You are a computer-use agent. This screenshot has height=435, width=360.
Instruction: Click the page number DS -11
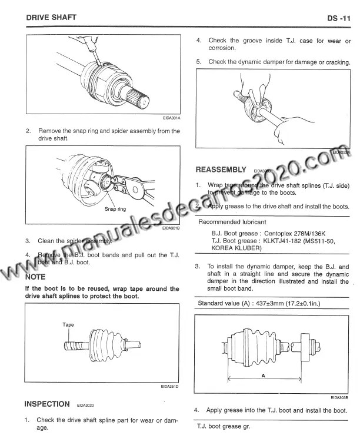[x=339, y=19]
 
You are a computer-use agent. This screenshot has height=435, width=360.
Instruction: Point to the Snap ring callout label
[x=115, y=208]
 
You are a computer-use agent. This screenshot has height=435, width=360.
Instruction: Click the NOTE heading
[x=36, y=276]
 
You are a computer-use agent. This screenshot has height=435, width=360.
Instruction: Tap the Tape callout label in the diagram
[x=68, y=324]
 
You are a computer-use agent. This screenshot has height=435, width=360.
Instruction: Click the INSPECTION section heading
[x=47, y=404]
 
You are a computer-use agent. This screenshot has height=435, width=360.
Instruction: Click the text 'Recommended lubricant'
[x=232, y=222]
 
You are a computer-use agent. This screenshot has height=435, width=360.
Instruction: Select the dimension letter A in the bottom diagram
[x=262, y=374]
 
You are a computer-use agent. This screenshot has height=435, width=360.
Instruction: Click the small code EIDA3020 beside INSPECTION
[x=85, y=406]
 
